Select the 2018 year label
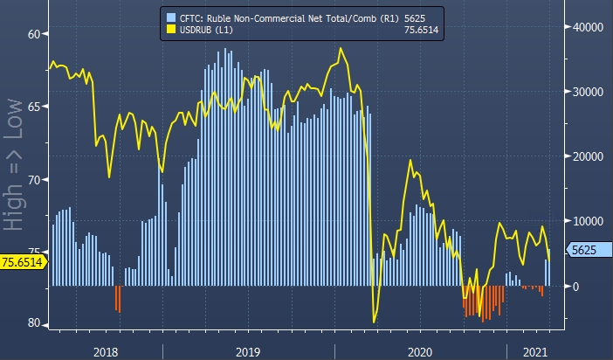[x=105, y=350]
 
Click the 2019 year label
[x=247, y=350]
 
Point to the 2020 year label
[x=420, y=350]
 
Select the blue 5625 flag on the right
[x=582, y=250]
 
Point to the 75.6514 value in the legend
[x=421, y=31]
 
